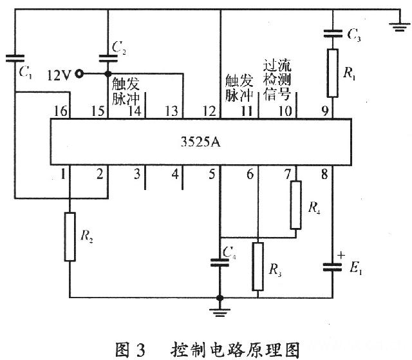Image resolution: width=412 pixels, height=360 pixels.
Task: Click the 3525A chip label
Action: tap(201, 142)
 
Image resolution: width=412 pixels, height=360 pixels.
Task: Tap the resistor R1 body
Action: tap(332, 75)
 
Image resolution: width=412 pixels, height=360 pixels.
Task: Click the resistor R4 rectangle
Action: tap(295, 205)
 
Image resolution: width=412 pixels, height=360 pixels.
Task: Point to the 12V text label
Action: tap(59, 75)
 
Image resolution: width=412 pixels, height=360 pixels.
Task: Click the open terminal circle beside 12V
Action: tap(79, 74)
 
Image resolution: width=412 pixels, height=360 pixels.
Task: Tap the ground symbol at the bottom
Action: tap(220, 312)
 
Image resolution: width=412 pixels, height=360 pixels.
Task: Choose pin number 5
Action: tap(212, 173)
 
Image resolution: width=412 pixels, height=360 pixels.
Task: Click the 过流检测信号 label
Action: tap(277, 81)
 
